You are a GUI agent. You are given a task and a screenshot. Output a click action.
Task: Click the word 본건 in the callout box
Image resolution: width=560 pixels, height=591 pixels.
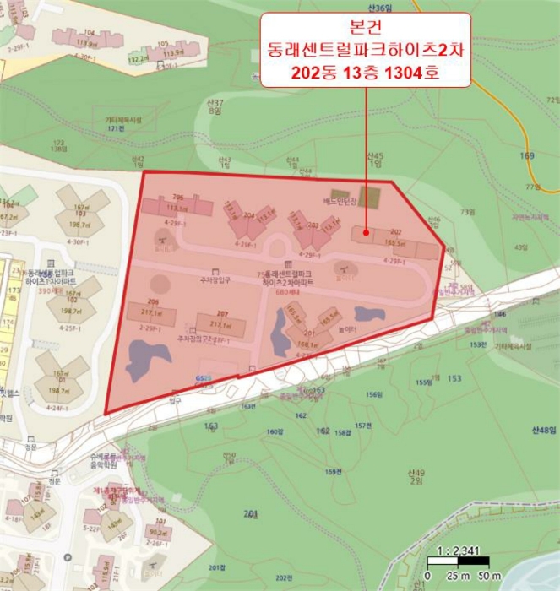tap(365, 28)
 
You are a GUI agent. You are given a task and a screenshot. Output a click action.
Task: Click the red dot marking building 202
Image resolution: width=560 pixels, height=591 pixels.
tap(366, 231)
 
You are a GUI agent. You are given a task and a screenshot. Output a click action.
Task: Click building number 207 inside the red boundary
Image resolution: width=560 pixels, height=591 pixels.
tap(222, 313)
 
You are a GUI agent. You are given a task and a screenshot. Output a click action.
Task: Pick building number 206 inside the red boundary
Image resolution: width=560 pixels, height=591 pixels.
tap(153, 301)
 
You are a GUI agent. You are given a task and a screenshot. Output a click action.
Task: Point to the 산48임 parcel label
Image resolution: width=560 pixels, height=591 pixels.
tap(543, 431)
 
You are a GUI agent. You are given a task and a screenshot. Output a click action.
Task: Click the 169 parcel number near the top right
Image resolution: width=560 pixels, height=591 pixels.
tap(528, 156)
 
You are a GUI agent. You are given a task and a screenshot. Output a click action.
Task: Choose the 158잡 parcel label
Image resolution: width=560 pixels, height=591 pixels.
tap(341, 433)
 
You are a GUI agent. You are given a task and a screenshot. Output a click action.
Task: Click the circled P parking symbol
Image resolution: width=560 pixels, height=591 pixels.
tap(67, 558)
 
